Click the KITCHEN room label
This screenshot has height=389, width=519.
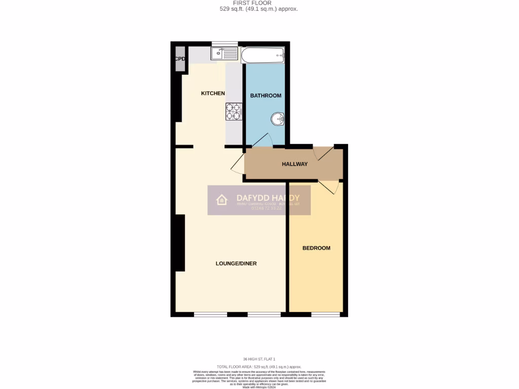coord(213,93)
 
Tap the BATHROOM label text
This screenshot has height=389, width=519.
coord(266,95)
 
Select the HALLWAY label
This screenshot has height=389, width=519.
coord(294,164)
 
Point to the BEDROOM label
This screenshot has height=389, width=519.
coord(316,248)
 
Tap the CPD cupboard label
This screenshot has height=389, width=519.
coord(180,59)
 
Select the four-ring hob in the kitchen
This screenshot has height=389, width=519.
coord(234,111)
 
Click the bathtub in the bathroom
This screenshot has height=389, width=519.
coord(263,54)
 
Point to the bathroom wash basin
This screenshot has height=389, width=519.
coord(277,119)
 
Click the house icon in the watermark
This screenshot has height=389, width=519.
coord(222,200)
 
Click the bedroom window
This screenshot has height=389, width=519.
coord(325,315)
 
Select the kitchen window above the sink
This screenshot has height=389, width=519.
coord(225,44)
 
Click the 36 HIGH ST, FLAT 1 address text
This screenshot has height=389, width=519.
coord(259,360)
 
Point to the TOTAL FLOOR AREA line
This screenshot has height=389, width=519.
coord(259,366)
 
